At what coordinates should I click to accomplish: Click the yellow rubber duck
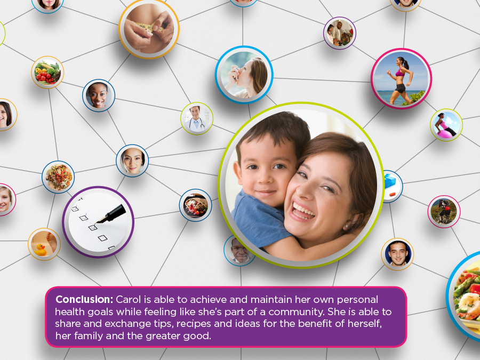coord(40,250)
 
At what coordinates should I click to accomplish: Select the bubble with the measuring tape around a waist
coord(149,29)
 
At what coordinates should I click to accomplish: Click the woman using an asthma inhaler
coord(244,75)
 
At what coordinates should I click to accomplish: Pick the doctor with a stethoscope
coord(196,118)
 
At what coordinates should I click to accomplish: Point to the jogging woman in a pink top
coord(401,79)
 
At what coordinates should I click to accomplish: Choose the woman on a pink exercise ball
coord(446,125)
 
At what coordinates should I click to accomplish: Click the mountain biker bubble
coord(444,212)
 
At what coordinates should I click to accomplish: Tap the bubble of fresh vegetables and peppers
coord(47,72)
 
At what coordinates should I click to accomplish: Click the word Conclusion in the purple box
coord(84,299)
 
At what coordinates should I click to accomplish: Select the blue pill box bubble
coord(393,186)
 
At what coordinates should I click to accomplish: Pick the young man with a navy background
coord(397,254)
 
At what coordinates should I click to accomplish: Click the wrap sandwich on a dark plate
coord(195,205)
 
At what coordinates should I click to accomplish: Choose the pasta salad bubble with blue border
coord(58,177)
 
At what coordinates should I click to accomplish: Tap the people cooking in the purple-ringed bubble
coord(340,33)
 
